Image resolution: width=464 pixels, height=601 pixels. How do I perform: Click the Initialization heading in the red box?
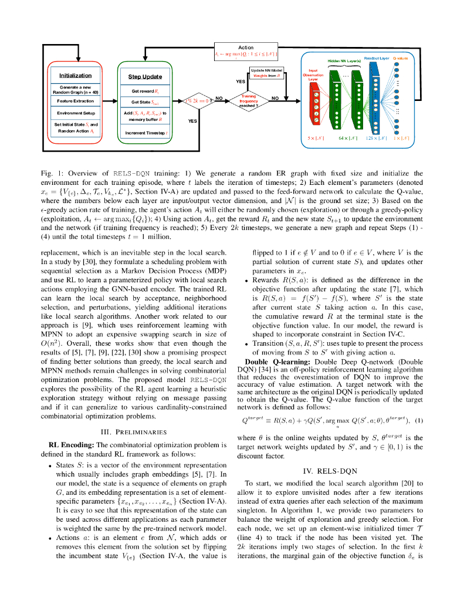pos(75,76)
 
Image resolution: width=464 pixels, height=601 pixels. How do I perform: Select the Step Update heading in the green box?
pos(145,77)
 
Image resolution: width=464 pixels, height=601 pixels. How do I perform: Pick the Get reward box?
pos(145,91)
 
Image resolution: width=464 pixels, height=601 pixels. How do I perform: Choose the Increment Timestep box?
pos(145,133)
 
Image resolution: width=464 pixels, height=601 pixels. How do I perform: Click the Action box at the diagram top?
pos(246,51)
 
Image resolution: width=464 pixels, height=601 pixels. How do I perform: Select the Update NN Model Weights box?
pos(266,73)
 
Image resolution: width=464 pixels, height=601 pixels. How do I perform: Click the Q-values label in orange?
pos(400,59)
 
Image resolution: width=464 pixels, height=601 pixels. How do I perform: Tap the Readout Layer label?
pos(376,59)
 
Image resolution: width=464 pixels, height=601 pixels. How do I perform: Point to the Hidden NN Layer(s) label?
pos(344,61)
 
